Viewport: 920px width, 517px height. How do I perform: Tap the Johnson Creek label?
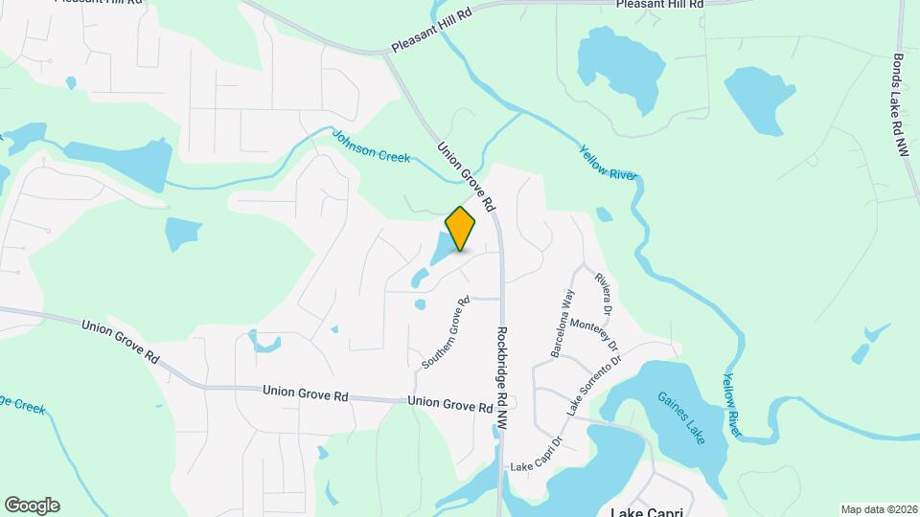(371, 146)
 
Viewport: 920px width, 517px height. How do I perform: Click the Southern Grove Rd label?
(446, 333)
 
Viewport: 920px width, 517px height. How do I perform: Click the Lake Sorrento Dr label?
(594, 385)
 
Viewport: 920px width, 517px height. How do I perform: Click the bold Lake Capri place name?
(646, 511)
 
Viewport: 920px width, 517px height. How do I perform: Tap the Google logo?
(32, 506)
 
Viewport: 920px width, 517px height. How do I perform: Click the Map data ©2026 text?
(878, 508)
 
